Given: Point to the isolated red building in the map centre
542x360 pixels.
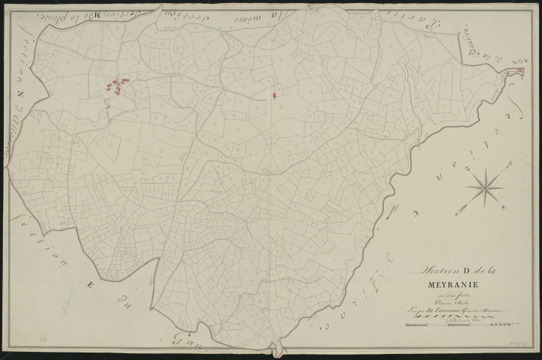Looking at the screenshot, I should click(x=275, y=94).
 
